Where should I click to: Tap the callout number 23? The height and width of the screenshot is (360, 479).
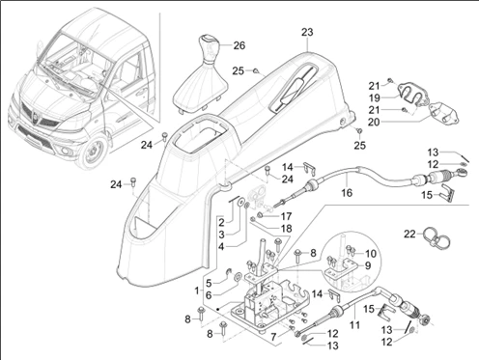[307, 32]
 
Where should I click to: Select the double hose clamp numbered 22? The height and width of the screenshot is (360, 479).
[437, 238]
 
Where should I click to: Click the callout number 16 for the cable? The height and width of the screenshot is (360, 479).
[347, 193]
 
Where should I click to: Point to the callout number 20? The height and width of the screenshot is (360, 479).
[374, 123]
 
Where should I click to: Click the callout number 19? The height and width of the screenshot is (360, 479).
[375, 97]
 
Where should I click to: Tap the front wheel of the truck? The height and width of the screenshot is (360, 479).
[94, 152]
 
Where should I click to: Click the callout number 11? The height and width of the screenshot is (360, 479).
[354, 325]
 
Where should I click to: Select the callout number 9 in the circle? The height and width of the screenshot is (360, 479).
[368, 265]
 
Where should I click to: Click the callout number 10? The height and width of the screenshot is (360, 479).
[371, 254]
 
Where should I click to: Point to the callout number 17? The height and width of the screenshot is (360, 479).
[286, 216]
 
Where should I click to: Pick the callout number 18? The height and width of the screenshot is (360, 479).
[286, 229]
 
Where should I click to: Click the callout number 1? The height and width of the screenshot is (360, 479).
[197, 291]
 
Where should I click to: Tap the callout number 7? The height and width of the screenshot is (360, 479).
[273, 337]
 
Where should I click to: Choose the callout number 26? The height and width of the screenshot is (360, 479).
[239, 45]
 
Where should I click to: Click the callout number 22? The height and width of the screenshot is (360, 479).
[409, 234]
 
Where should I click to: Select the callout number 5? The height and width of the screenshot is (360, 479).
[209, 284]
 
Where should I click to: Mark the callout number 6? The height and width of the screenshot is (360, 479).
[209, 295]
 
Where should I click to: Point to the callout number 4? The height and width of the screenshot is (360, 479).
[221, 247]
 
